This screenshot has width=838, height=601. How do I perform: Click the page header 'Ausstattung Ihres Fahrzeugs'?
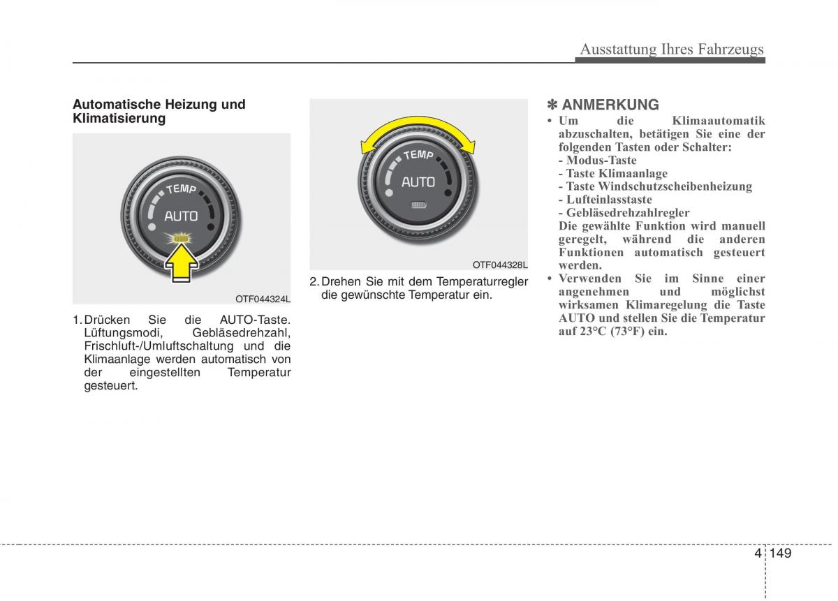[x=672, y=49]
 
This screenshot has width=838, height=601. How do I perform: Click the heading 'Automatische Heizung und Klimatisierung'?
[x=159, y=111]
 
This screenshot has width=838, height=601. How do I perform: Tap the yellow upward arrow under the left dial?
[x=182, y=266]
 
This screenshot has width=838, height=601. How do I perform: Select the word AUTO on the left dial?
[x=181, y=216]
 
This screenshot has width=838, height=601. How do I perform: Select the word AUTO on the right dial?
[x=418, y=182]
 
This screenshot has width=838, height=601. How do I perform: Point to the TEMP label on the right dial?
[x=418, y=154]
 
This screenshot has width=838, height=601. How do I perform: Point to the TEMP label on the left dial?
[x=181, y=188]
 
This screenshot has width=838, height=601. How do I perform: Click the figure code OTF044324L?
[x=263, y=299]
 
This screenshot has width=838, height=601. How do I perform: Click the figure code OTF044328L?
[x=500, y=265]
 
